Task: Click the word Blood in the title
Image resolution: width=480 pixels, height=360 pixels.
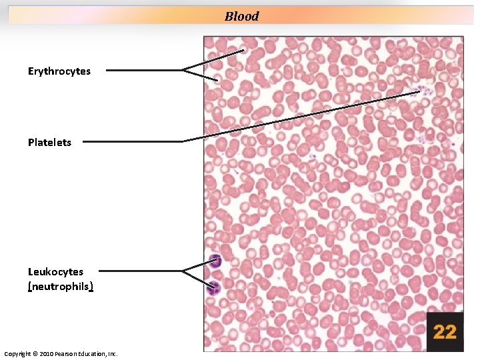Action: tap(241, 17)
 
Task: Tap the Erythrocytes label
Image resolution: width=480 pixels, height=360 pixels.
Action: tap(59, 71)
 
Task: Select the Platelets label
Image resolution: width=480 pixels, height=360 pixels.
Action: tap(49, 142)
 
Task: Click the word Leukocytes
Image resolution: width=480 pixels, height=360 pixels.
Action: tap(55, 272)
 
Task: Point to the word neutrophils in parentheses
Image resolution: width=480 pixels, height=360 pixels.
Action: tap(60, 287)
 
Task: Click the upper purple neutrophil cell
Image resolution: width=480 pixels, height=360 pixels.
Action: tap(215, 261)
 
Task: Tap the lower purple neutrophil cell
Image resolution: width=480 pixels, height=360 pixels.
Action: tap(214, 289)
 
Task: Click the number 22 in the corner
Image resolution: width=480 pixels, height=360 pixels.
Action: tap(445, 331)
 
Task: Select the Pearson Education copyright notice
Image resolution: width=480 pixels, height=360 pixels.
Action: tap(61, 353)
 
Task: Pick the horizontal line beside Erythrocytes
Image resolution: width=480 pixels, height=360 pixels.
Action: tap(143, 69)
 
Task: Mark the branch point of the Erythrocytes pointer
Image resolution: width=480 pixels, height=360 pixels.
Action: tap(183, 69)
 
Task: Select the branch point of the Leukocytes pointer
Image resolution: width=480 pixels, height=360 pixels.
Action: tap(183, 271)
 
